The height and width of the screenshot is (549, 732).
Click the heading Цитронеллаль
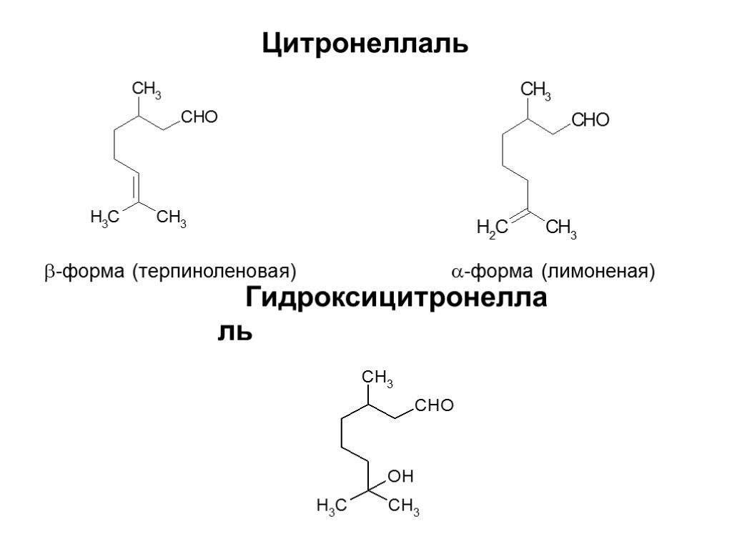pos(365,44)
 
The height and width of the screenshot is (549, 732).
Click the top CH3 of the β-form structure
pos(147,90)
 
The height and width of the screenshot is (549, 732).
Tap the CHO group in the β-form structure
pos(198,117)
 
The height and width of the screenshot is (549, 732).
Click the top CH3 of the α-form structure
pos(535,91)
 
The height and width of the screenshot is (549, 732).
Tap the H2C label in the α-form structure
pos(492,229)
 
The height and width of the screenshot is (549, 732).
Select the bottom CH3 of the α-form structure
pos(561,229)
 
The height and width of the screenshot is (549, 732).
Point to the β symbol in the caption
pos(41,273)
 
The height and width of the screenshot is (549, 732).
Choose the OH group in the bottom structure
pos(401,476)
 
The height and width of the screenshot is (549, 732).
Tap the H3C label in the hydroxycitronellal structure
pos(331,507)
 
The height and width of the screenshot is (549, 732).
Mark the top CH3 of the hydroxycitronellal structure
pos(378,378)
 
